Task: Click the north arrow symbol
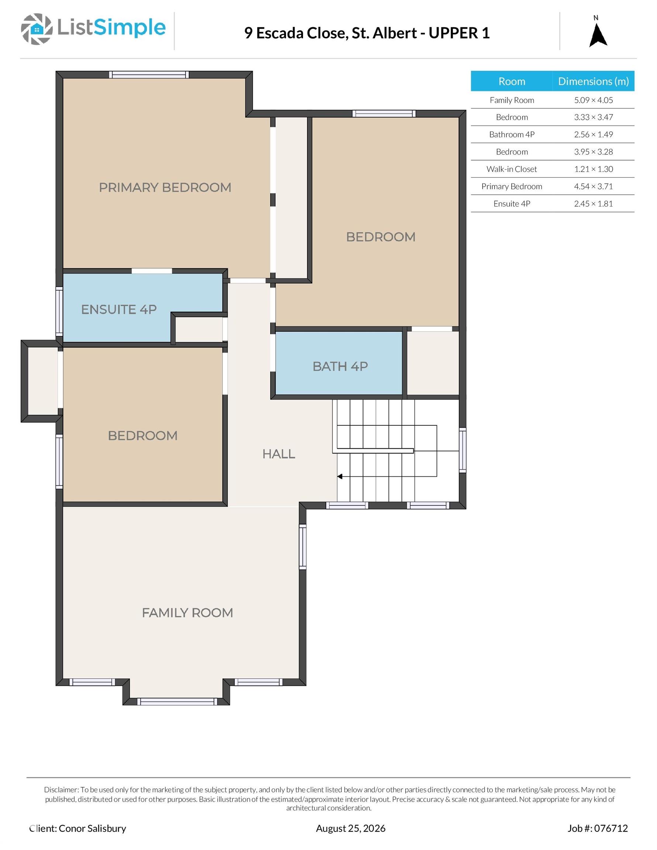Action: coord(598,36)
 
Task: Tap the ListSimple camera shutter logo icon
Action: coord(37,29)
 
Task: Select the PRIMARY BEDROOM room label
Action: coord(165,187)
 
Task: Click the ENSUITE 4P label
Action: coord(119,310)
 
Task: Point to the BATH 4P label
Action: coord(340,366)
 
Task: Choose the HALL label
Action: coord(278,454)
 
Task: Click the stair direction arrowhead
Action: coord(340,476)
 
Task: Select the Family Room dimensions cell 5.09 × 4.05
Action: coord(593,100)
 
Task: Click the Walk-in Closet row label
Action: coord(511,169)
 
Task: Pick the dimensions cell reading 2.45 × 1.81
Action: coord(593,204)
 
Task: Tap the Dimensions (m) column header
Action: coord(593,81)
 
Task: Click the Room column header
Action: coord(512,81)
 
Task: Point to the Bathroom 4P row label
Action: coord(512,134)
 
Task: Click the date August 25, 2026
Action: coord(351,828)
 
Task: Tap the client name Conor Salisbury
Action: coord(92,828)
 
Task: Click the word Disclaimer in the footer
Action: coord(62,789)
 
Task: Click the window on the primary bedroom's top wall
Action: coord(149,75)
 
